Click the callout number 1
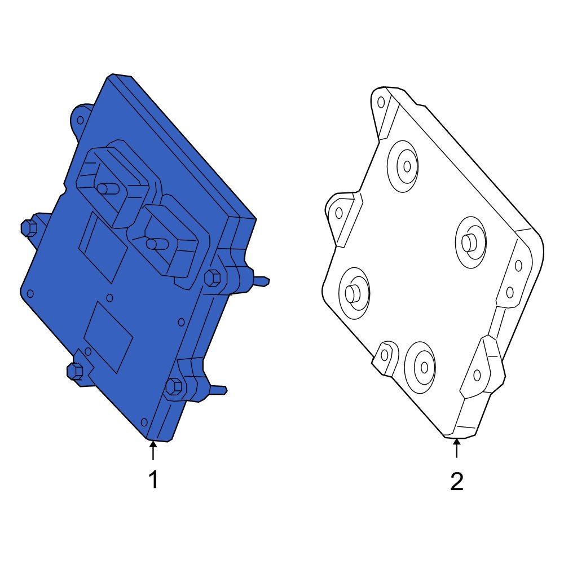[x=153, y=481]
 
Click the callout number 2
[x=456, y=482]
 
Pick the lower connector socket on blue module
[x=169, y=240]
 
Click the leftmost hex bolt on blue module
[x=29, y=228]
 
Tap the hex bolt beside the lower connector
[x=212, y=277]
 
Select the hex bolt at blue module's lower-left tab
[x=75, y=371]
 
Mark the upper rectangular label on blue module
[x=103, y=247]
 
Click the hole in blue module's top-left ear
[x=81, y=120]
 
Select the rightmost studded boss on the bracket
[x=469, y=242]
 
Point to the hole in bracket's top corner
[x=381, y=102]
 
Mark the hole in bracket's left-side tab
[x=339, y=213]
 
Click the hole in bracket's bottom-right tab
[x=477, y=374]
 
